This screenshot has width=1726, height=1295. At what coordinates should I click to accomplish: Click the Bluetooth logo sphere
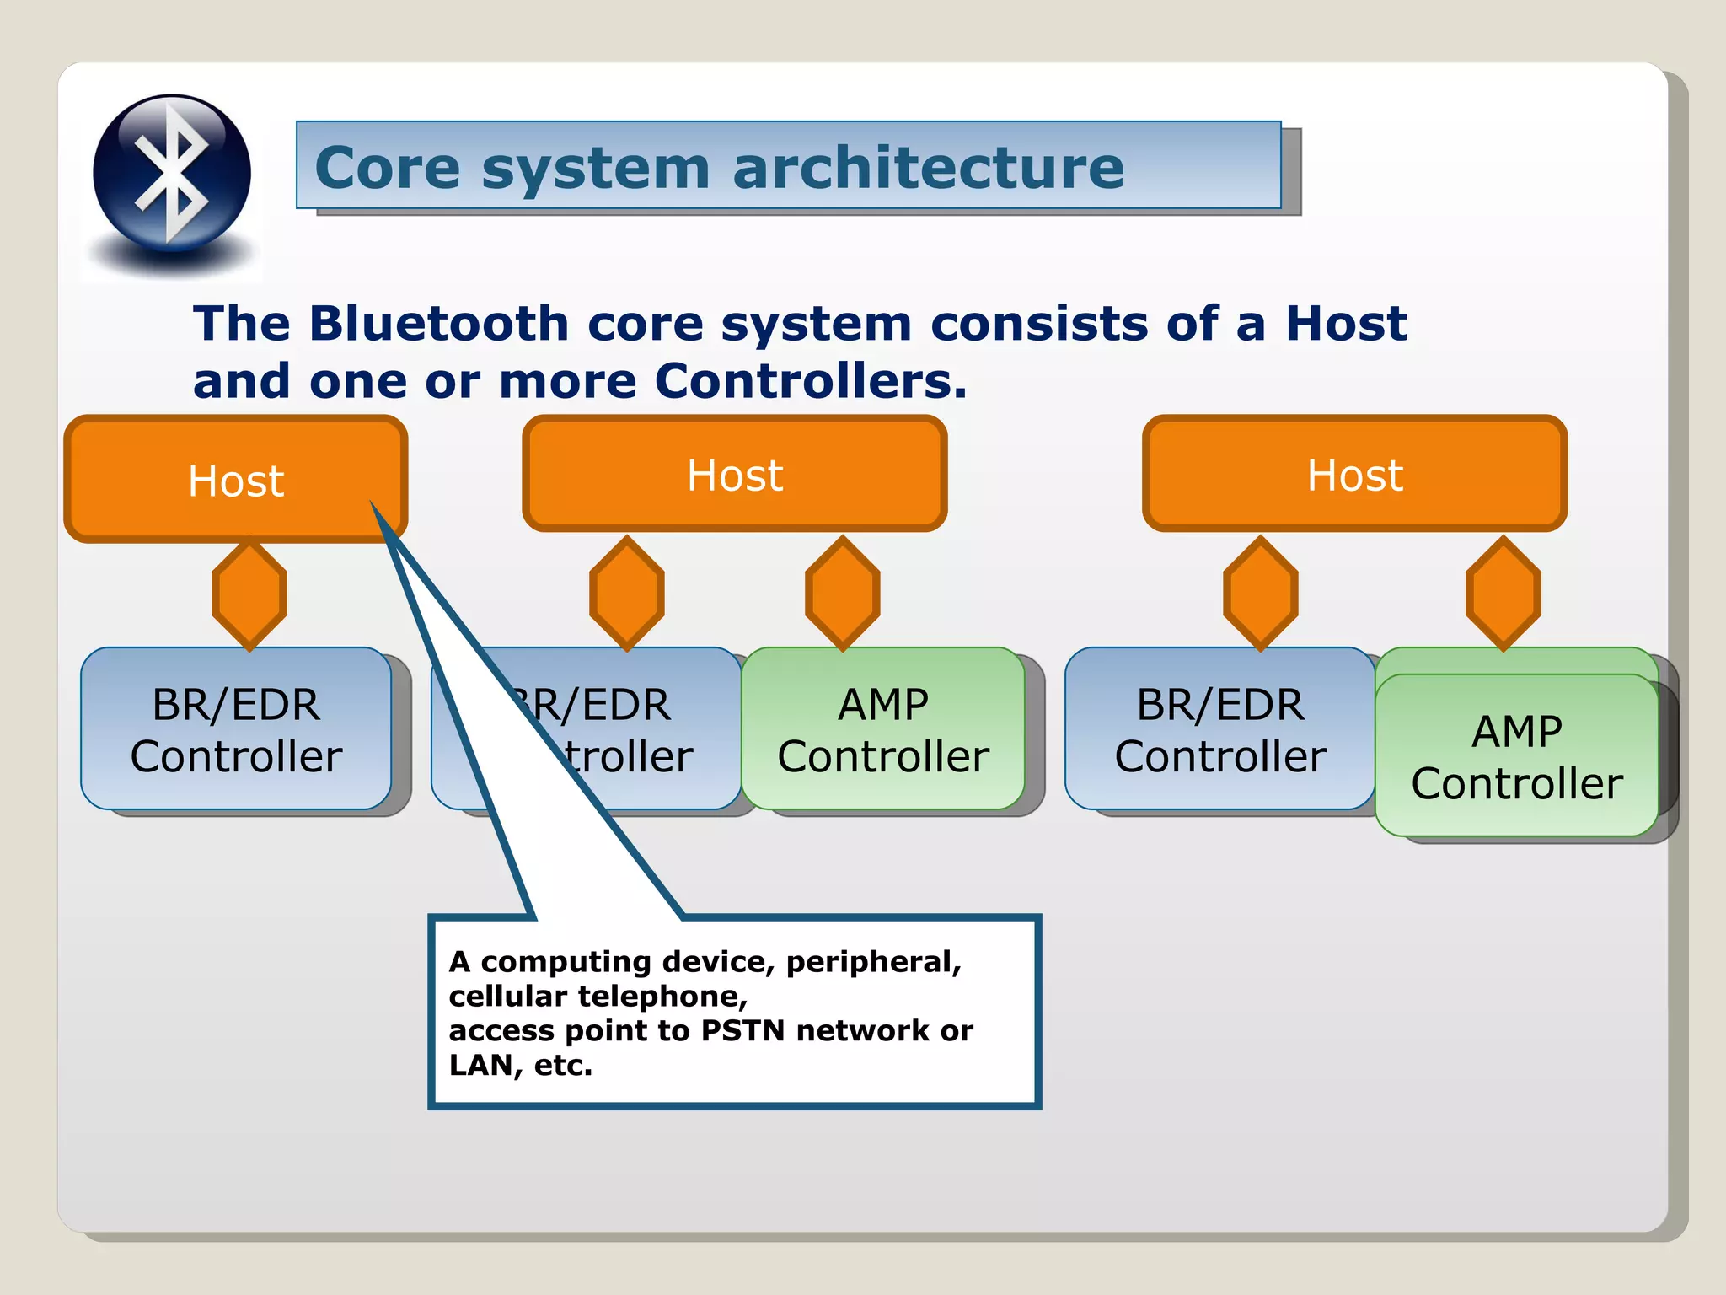click(x=172, y=173)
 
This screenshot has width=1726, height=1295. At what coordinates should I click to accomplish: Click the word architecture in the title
click(x=928, y=168)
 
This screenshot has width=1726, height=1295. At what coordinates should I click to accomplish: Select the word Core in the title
click(x=387, y=168)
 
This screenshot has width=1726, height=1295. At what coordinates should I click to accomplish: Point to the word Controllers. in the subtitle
click(x=810, y=381)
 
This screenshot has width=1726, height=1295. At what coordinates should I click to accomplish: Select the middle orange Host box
click(x=734, y=474)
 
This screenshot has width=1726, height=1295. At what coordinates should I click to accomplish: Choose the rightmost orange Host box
click(x=1354, y=474)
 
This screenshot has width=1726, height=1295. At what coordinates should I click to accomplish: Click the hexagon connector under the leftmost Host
click(x=249, y=594)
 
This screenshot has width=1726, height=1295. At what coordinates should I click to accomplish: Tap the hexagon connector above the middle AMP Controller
click(x=842, y=594)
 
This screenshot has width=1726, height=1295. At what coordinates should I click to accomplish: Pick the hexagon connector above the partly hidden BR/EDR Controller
click(x=626, y=594)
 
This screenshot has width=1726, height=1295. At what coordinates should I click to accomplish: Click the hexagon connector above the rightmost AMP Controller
click(x=1503, y=594)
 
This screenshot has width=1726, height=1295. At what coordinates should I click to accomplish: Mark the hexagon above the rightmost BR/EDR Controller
click(x=1260, y=594)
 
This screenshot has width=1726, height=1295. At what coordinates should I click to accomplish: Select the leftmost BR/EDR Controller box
click(x=236, y=729)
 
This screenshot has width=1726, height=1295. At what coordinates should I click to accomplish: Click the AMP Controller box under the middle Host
click(x=882, y=729)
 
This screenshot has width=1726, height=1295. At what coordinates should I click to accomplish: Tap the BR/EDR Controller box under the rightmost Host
click(x=1219, y=729)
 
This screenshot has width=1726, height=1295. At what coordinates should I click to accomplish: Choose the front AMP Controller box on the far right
click(x=1516, y=756)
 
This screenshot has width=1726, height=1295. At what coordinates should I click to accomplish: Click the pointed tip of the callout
click(x=372, y=503)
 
